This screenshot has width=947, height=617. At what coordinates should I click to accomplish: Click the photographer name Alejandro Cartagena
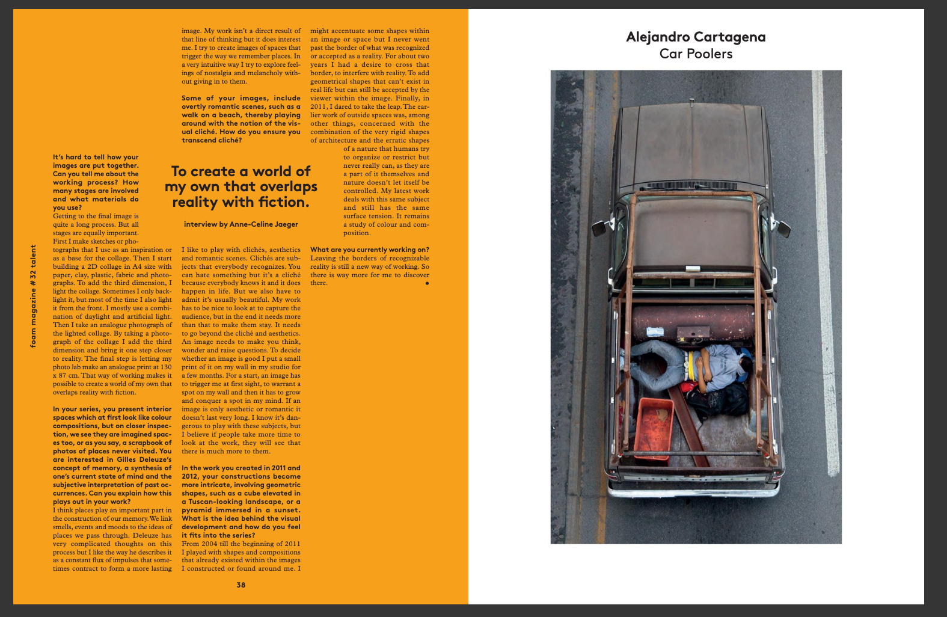pos(696,37)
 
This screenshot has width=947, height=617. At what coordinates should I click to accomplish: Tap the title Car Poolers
pos(696,54)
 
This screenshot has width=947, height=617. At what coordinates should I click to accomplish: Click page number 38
pos(241,585)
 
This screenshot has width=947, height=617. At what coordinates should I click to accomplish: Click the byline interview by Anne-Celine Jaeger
pos(241,224)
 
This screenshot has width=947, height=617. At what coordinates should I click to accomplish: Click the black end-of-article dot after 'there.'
pos(427,283)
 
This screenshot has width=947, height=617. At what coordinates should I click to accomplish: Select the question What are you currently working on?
pos(370,250)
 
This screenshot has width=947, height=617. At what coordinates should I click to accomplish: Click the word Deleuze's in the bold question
pos(153,459)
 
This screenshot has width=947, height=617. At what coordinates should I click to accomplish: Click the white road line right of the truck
pos(826,301)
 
